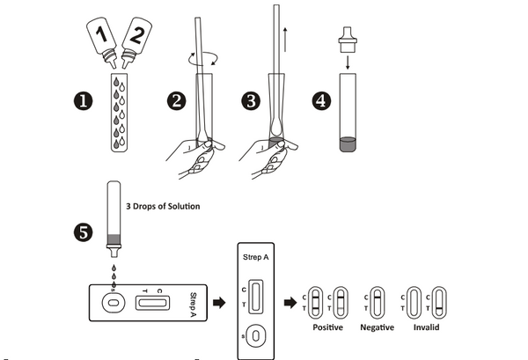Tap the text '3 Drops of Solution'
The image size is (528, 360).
(x=165, y=206)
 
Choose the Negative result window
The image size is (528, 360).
(x=378, y=301)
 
